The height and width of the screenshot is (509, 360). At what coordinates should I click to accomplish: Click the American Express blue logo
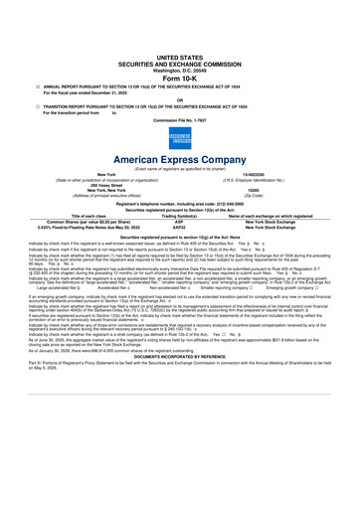[x=179, y=136]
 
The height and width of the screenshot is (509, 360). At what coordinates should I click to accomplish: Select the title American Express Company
[x=179, y=159]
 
